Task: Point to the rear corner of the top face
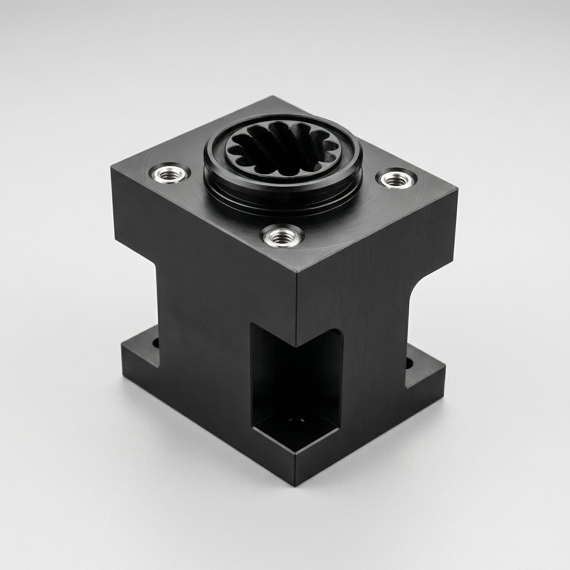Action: click(273, 96)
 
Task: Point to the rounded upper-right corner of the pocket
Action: click(338, 334)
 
